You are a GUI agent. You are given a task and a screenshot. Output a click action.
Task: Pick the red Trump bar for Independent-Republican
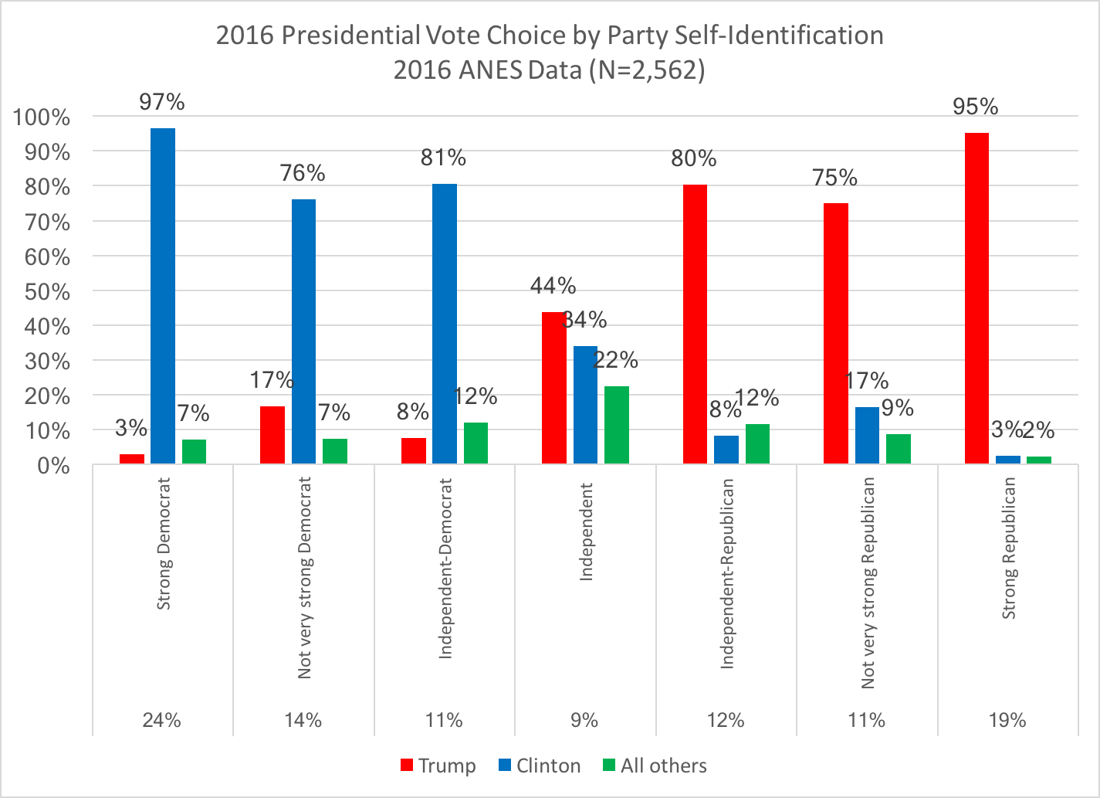694,324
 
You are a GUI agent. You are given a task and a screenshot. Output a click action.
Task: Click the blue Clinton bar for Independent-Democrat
445,324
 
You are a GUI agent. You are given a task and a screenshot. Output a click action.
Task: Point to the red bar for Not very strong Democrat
272,435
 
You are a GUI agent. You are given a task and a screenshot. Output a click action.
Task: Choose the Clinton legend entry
539,766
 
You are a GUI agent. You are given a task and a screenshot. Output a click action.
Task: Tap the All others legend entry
654,766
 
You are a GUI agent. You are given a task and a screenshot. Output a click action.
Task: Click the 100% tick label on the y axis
42,117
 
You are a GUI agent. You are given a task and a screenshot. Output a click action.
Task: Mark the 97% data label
162,102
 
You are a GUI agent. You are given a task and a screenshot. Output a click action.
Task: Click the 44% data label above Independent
553,286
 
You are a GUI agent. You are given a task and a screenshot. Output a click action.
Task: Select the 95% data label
976,107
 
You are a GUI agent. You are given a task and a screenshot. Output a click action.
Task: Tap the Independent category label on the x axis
586,531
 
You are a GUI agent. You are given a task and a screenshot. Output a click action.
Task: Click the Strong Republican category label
1009,548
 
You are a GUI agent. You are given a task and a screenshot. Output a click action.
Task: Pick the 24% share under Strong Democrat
162,720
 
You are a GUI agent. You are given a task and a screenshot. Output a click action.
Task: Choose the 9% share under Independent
585,720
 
